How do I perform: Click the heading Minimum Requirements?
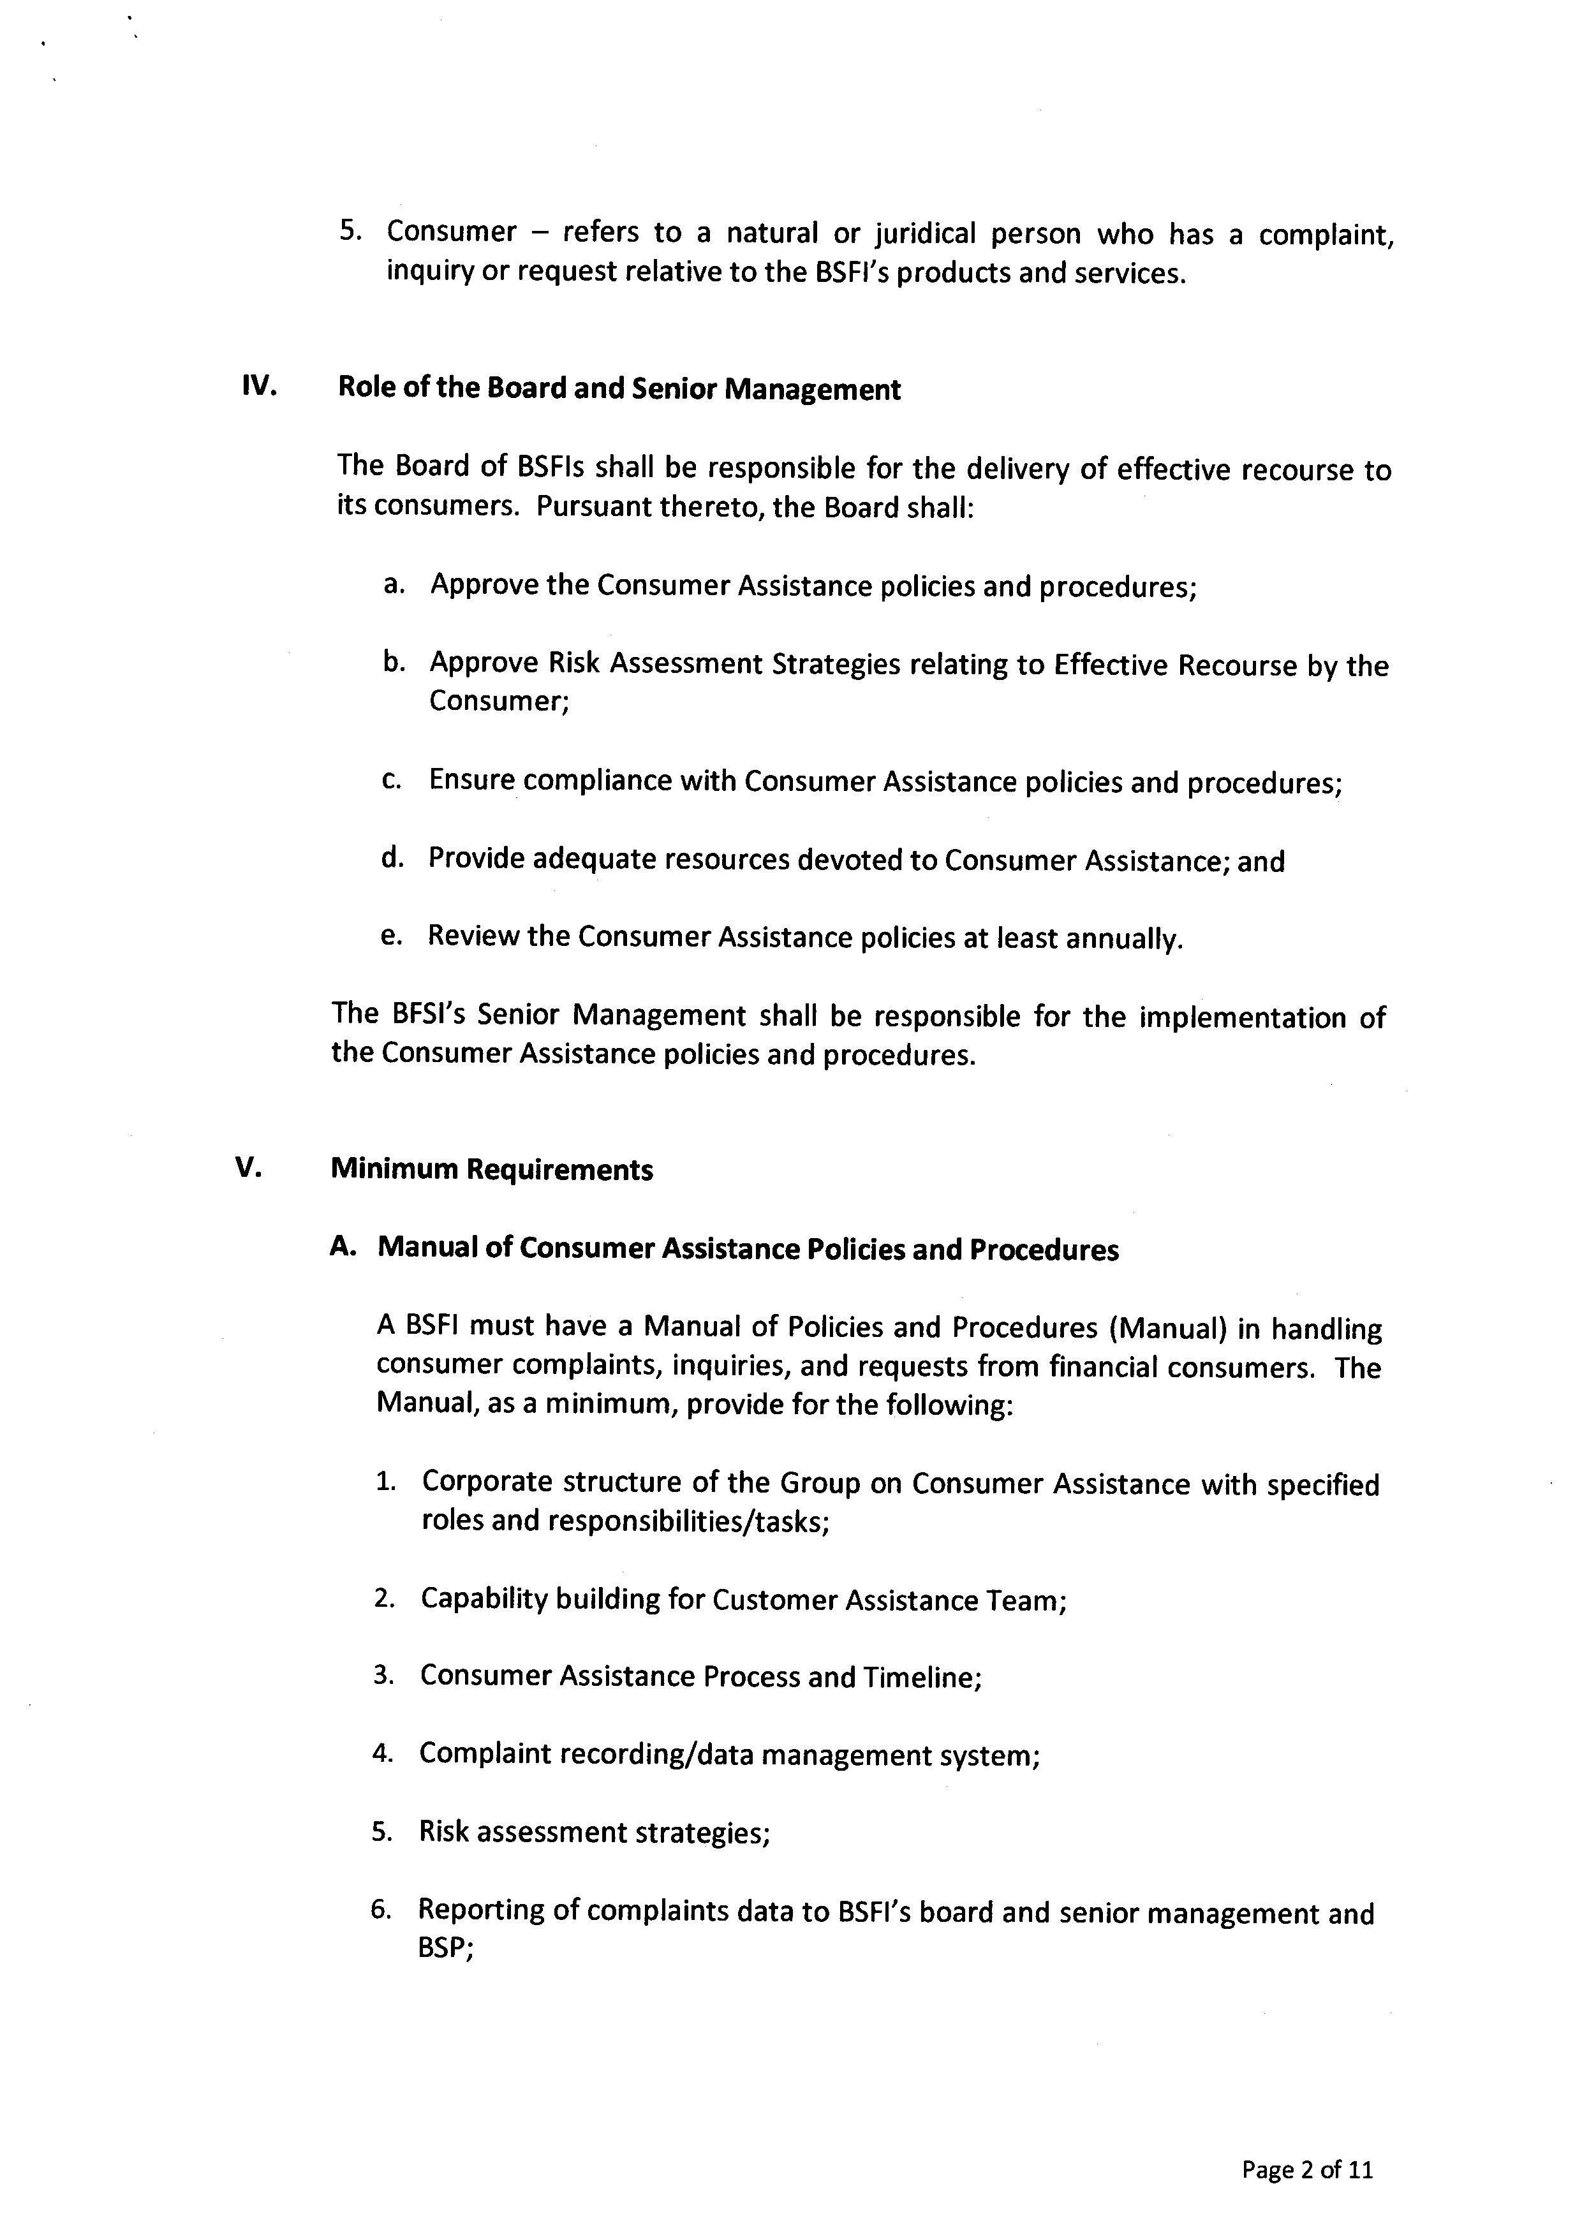coord(492,1169)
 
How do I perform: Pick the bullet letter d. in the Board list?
coord(392,859)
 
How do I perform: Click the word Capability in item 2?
coord(484,1600)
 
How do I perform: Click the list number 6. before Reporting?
coord(381,1910)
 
